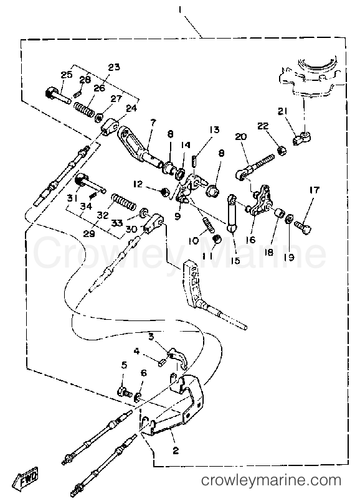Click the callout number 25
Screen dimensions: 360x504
[67, 75]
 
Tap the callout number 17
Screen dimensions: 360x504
[315, 190]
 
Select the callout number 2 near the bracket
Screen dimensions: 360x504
[176, 450]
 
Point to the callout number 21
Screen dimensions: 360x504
[283, 111]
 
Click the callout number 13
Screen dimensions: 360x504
[214, 129]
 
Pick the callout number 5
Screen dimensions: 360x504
[124, 365]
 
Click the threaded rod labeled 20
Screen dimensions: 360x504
[256, 166]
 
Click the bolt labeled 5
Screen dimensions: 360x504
[125, 392]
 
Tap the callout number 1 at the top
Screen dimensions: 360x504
[180, 11]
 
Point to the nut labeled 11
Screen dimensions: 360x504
[217, 239]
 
